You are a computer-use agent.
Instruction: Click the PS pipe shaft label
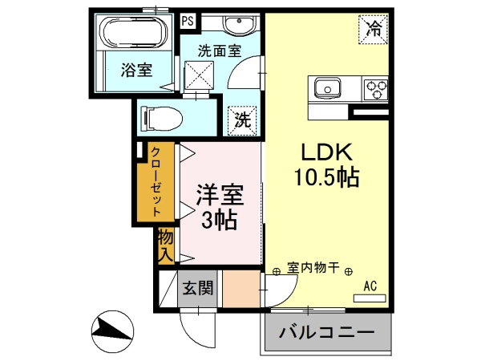(x=188, y=21)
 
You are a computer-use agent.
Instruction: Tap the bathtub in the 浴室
(x=135, y=32)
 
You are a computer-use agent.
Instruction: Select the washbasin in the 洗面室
(x=239, y=24)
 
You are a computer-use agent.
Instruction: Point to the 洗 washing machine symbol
(x=242, y=120)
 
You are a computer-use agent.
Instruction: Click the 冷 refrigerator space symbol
(x=374, y=30)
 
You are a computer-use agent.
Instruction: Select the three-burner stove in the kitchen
(x=375, y=89)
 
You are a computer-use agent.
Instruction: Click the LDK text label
(x=327, y=152)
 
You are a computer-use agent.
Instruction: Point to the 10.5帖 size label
(x=327, y=177)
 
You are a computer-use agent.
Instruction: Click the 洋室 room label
(x=220, y=195)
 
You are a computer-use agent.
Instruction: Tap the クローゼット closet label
(x=156, y=182)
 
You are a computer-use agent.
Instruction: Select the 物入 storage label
(x=166, y=246)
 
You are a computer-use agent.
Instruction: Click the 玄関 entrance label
(x=197, y=288)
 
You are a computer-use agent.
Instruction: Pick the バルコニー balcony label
(x=327, y=332)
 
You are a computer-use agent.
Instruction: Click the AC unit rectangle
(x=370, y=298)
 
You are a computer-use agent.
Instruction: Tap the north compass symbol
(x=113, y=331)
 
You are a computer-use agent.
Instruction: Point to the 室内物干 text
(x=313, y=268)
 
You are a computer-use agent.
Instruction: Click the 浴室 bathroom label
(x=136, y=70)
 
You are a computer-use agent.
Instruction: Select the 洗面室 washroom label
(x=220, y=51)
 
